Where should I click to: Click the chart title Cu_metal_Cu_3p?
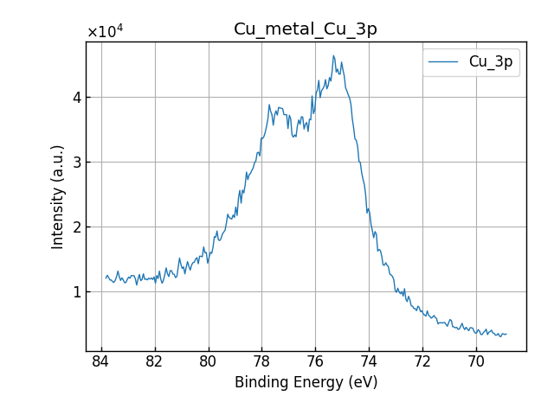tap(306, 29)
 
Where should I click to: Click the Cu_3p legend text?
tap(490, 62)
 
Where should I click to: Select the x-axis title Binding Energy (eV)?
tap(306, 382)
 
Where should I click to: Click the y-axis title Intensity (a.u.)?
tap(58, 196)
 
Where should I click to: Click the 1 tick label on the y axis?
tap(76, 292)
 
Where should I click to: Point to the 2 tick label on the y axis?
tap(76, 227)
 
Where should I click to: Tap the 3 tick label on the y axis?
tap(76, 163)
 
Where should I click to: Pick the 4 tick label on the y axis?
tap(76, 98)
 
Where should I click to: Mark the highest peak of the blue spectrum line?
tap(333, 56)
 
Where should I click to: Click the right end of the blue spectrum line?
tap(506, 334)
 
